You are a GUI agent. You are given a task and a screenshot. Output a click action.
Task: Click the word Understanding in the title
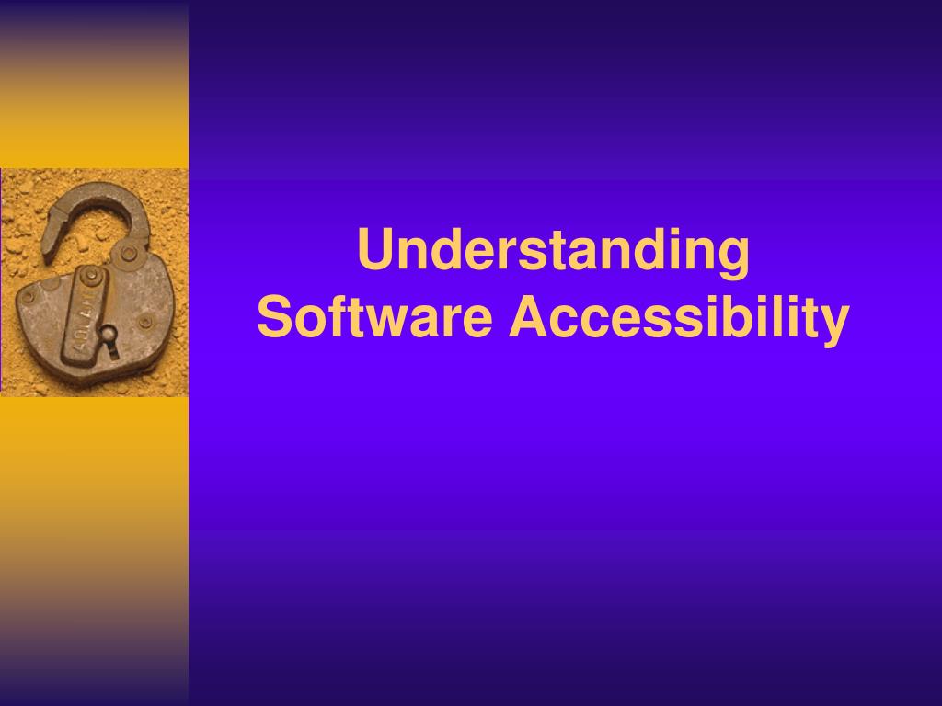(x=553, y=252)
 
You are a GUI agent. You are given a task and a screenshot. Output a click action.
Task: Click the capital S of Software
(x=272, y=318)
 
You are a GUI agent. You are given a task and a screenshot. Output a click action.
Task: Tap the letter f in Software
(x=325, y=317)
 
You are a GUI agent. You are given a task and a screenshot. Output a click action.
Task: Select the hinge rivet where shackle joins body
(x=130, y=253)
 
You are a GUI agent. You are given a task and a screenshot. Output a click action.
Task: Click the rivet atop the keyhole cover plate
(x=91, y=276)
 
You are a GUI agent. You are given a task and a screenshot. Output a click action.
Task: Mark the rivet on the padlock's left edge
(x=29, y=297)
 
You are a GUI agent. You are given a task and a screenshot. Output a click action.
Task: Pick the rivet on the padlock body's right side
(x=144, y=322)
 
